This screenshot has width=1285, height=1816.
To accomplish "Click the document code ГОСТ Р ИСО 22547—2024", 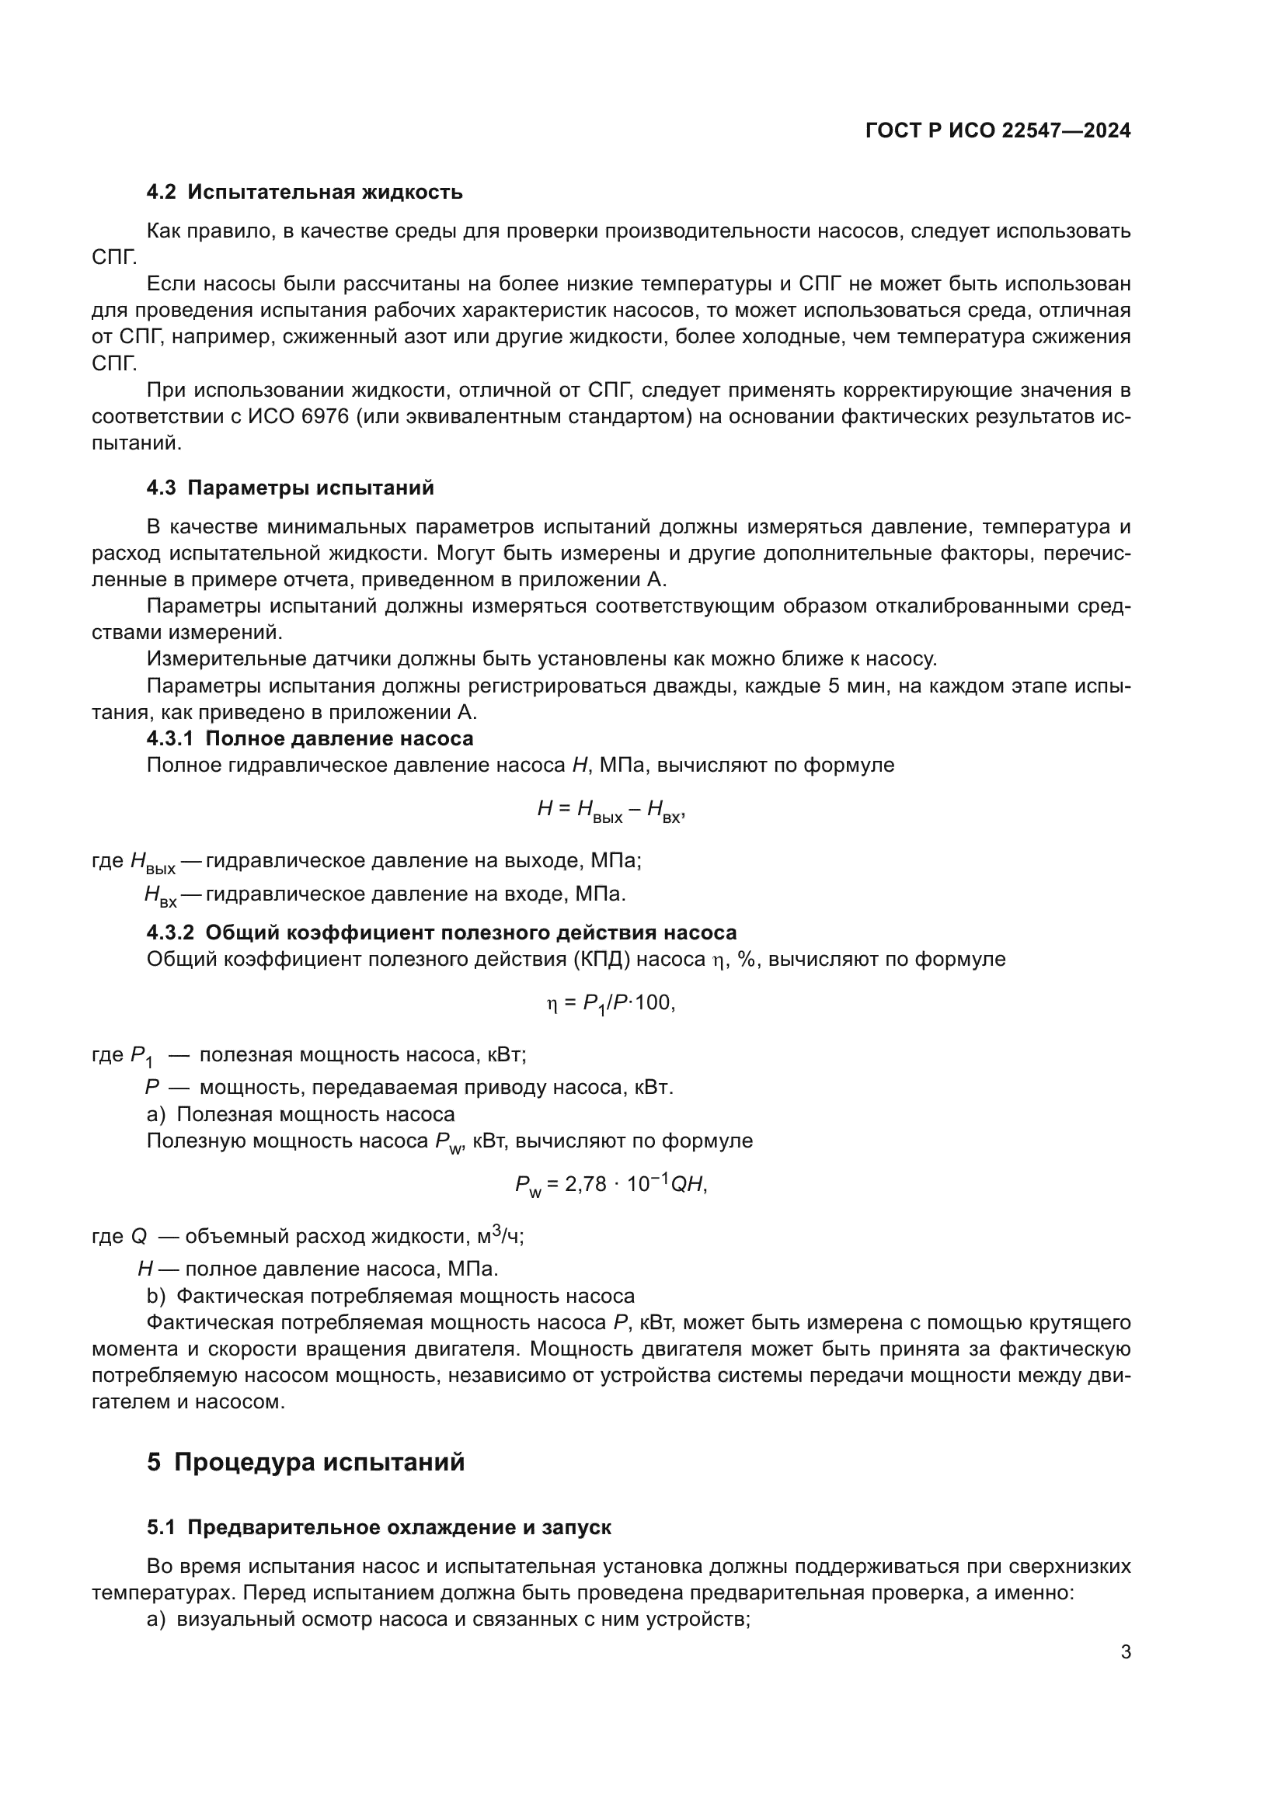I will point(998,131).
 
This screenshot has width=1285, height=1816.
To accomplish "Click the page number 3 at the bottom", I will point(1125,1652).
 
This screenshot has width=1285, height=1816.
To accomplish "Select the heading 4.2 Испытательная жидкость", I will point(305,193).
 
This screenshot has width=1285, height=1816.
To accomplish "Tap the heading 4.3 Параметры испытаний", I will point(291,488).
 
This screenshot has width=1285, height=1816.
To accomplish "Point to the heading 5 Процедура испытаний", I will point(305,1463).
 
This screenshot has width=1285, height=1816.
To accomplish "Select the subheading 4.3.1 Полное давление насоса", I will point(310,738).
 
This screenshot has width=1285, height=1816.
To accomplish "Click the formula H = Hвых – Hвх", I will point(610,810).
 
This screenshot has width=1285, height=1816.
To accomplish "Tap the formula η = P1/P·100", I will point(610,1004).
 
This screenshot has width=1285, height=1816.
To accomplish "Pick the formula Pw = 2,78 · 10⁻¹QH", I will point(610,1185).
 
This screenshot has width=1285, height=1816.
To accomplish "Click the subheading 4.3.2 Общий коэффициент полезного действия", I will point(441,932).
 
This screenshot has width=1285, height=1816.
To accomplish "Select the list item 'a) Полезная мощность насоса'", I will point(301,1114).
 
